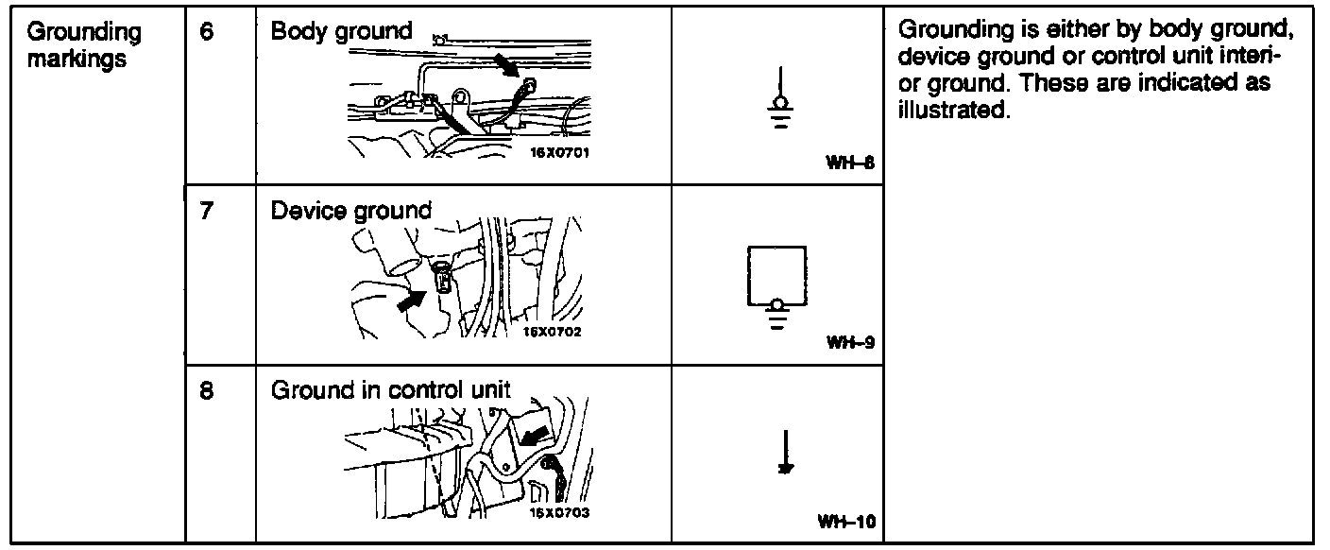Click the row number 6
pyautogui.click(x=207, y=32)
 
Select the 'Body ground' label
pyautogui.click(x=341, y=31)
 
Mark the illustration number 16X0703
pyautogui.click(x=559, y=512)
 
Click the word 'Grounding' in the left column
pyautogui.click(x=84, y=33)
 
